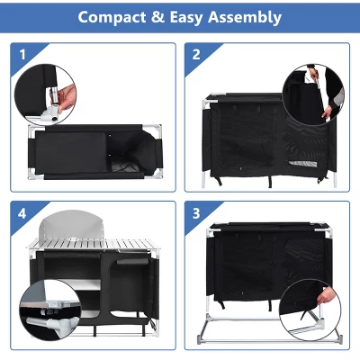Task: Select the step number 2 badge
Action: [196, 54]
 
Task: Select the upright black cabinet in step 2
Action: [243, 135]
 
